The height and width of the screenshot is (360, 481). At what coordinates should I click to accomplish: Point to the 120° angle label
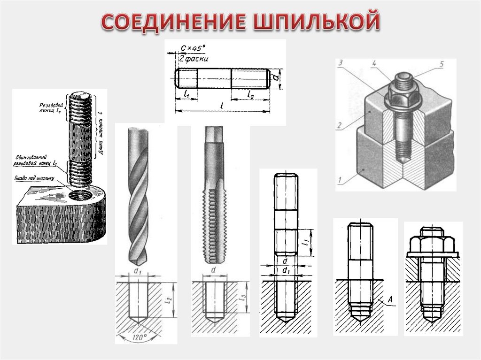click(139, 337)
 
